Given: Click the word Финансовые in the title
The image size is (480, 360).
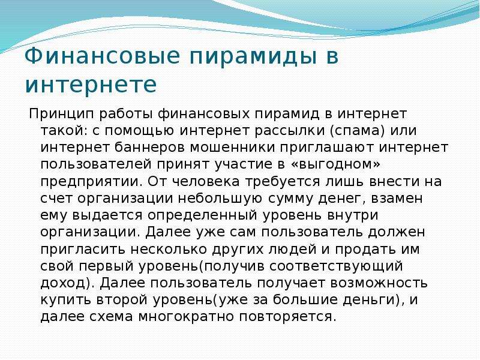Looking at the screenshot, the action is point(102,56).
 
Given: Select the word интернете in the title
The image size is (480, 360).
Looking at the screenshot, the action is point(91,84).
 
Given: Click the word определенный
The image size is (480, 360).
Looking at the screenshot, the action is point(202,216).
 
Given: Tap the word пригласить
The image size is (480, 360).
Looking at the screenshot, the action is point(83,250).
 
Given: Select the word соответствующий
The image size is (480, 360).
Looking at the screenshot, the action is point(336,266).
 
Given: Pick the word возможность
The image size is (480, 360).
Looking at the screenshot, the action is point(379,283).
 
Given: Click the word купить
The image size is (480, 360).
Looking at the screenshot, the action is point(65,301).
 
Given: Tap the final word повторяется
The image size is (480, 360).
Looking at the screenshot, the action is point(288,317).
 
